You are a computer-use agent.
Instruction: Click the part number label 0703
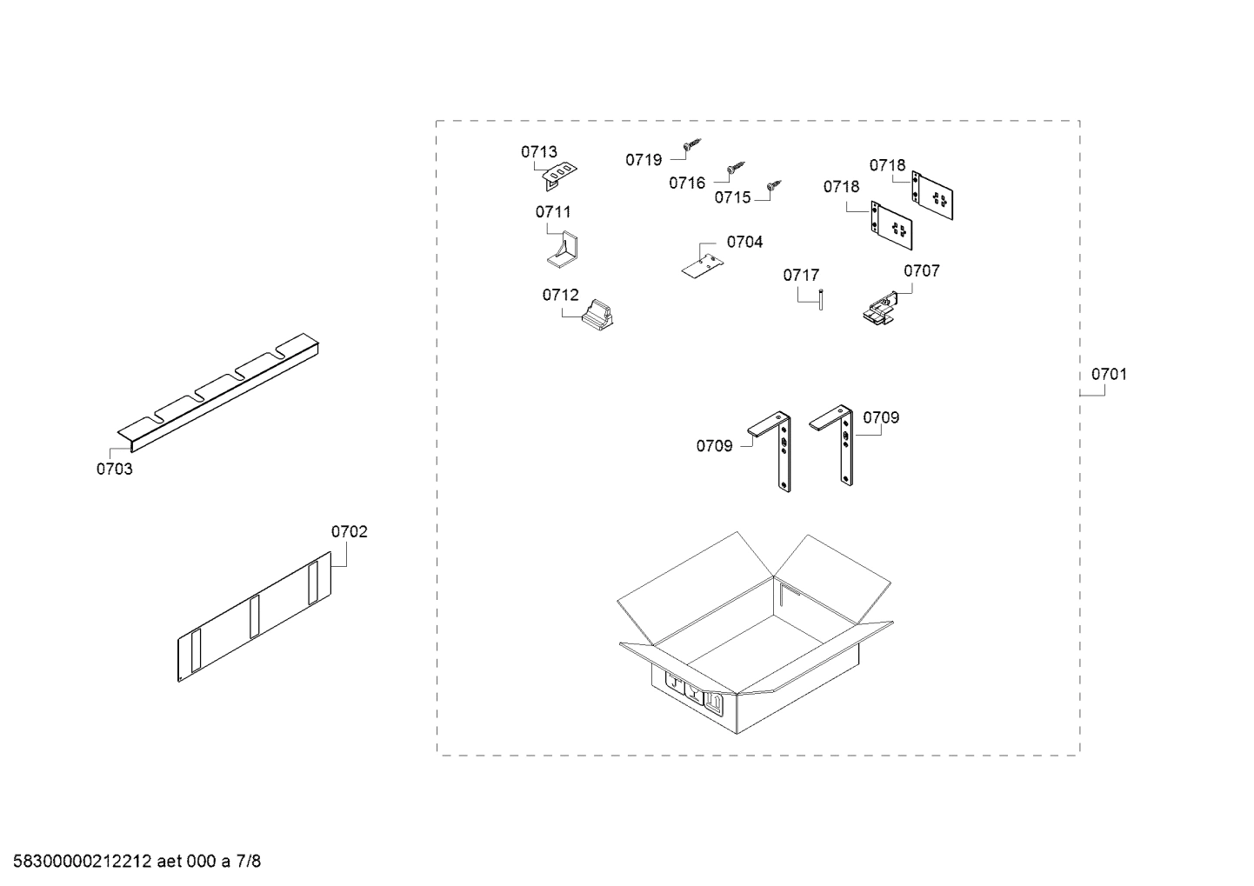pos(114,470)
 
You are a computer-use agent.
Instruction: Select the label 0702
pos(349,531)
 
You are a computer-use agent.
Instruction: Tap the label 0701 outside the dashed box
pos(1109,375)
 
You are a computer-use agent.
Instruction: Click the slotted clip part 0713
pos(560,175)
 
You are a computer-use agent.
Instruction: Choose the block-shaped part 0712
pos(598,316)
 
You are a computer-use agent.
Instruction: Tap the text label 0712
pos(560,296)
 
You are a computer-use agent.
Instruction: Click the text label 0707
pos(921,271)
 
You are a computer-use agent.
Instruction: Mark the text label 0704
pos(744,243)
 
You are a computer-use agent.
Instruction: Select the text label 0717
pos(801,276)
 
